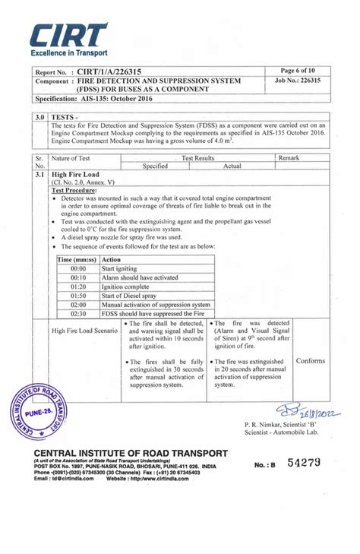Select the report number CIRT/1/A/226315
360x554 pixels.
(x=115, y=71)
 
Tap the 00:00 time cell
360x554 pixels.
(x=78, y=269)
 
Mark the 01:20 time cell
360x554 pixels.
(x=78, y=286)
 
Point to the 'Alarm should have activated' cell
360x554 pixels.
(x=139, y=278)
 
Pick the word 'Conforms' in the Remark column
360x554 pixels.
(x=311, y=361)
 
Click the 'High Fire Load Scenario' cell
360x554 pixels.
(x=84, y=331)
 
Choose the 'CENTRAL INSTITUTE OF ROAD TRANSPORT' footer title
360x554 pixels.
(x=130, y=453)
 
